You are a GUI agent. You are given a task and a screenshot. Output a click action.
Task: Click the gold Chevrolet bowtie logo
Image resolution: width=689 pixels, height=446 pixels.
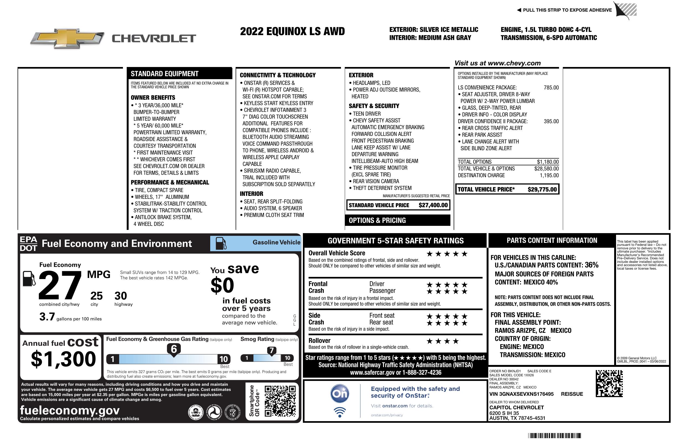(x=67, y=38)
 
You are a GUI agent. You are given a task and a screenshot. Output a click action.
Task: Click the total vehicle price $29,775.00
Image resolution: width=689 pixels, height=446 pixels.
(x=542, y=190)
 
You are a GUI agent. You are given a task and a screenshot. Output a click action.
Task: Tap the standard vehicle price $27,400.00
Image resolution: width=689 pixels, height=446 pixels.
(x=433, y=205)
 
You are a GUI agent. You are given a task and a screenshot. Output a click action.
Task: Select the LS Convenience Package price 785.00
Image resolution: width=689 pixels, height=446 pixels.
(x=551, y=88)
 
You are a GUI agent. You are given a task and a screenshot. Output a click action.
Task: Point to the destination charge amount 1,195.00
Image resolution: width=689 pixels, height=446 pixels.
(x=549, y=175)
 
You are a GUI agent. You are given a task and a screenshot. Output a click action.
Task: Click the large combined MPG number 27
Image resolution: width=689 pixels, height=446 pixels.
(x=60, y=285)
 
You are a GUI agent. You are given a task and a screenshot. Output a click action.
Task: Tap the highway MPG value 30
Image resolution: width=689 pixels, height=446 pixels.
(x=121, y=296)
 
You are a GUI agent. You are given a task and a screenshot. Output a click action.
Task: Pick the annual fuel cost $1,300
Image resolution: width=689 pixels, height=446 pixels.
(x=63, y=359)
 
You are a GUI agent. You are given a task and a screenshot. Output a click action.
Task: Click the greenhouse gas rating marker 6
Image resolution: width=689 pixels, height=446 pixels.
(x=174, y=349)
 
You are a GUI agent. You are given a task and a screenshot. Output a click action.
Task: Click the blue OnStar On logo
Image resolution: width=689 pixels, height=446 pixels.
(x=340, y=394)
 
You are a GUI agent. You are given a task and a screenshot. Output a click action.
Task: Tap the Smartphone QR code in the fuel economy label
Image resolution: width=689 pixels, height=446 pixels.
(x=280, y=401)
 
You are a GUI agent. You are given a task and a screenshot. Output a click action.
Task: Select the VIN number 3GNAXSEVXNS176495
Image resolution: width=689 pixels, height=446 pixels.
(x=521, y=394)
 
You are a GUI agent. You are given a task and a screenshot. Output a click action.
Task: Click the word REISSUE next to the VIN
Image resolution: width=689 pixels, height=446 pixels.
(x=572, y=394)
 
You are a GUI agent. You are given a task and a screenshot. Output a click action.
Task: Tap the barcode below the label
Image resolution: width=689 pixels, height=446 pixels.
(x=554, y=435)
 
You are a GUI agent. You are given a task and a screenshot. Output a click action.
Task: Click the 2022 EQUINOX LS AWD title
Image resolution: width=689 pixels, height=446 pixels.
(x=292, y=31)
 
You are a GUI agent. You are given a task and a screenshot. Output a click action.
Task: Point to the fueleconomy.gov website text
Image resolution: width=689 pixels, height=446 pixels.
(x=70, y=410)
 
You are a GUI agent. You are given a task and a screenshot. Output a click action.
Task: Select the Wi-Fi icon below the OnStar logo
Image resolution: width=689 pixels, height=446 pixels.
(x=340, y=412)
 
